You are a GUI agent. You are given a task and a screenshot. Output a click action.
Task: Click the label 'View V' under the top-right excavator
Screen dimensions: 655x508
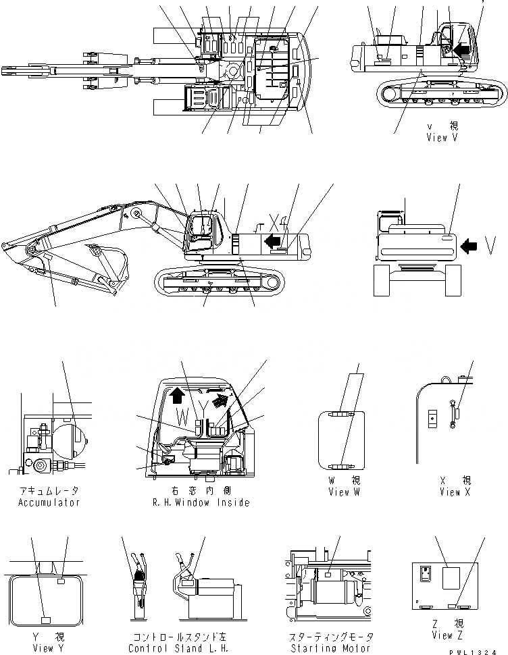click(442, 138)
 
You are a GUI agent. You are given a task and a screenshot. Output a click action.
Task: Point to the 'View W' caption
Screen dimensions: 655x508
click(344, 492)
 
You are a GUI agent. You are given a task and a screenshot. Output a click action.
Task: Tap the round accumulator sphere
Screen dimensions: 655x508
click(72, 438)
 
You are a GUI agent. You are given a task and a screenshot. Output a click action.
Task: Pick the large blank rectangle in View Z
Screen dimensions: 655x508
click(450, 580)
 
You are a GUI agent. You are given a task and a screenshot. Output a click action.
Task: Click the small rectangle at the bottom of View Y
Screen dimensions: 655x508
click(47, 619)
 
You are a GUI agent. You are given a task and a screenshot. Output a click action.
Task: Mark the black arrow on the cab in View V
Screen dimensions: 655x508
click(461, 49)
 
